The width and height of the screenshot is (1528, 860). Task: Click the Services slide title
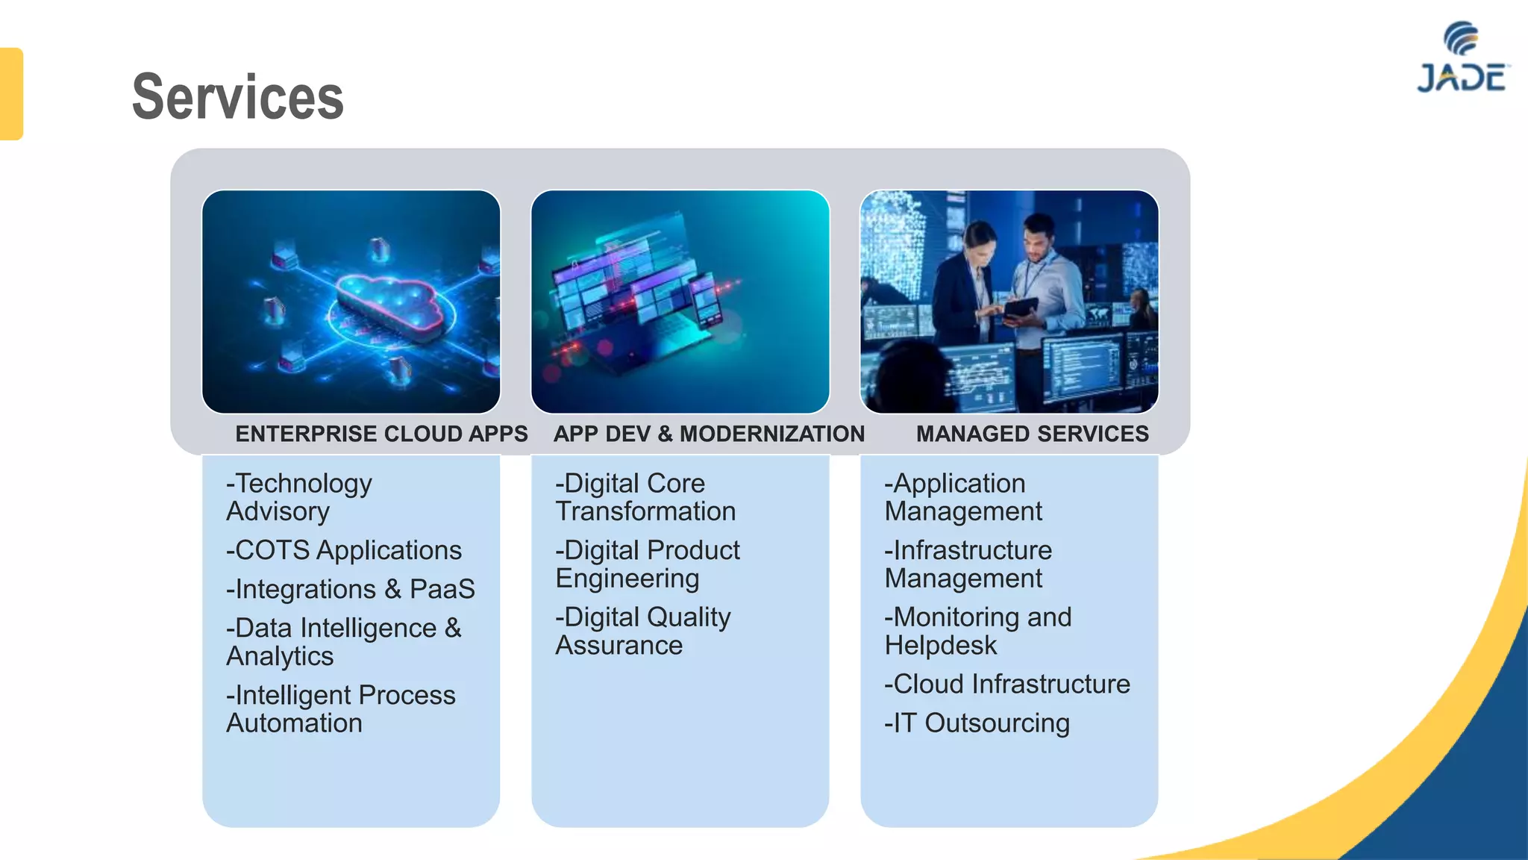tap(237, 97)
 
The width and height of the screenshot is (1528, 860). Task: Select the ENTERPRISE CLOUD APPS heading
tap(381, 434)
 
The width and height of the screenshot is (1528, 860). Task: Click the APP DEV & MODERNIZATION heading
tap(709, 434)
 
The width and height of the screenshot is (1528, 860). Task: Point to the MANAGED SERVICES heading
tap(1032, 434)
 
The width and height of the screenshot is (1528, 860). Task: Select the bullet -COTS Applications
tap(344, 550)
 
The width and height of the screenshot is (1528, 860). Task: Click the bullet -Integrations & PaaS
tap(351, 589)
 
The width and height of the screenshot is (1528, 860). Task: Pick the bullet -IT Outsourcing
tap(977, 723)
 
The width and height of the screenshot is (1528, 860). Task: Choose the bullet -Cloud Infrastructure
tap(1007, 684)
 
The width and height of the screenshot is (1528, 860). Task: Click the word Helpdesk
tap(940, 646)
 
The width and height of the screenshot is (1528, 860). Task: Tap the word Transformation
tap(645, 511)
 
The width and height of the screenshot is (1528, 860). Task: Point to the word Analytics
tap(280, 656)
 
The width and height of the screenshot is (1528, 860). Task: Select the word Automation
tap(295, 723)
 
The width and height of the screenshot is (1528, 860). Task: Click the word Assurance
tap(619, 646)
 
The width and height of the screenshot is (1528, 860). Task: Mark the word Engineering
tap(627, 579)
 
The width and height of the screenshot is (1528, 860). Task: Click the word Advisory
tap(278, 511)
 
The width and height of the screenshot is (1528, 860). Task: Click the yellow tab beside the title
tap(11, 94)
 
